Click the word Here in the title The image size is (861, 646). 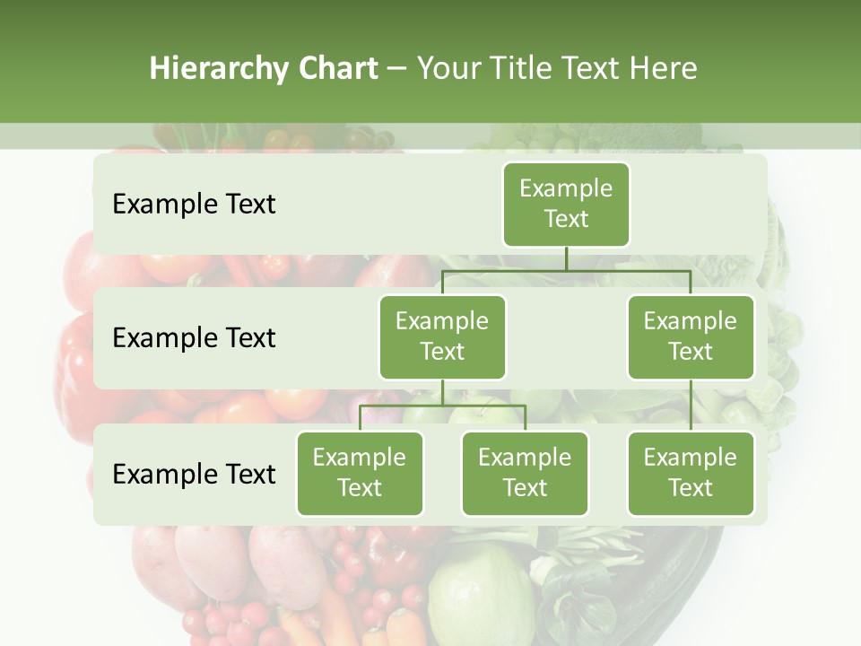(663, 69)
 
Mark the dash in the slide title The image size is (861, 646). (397, 70)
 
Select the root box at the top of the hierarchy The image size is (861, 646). (566, 204)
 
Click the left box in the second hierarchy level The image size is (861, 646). (442, 336)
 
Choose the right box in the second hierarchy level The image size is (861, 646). (691, 336)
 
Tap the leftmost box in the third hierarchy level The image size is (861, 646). (360, 473)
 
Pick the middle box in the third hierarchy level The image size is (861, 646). (525, 473)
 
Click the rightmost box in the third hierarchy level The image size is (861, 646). (691, 473)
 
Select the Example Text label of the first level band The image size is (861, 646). (194, 204)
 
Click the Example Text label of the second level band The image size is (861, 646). (194, 337)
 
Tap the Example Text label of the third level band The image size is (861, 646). (194, 474)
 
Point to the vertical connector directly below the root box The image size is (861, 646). (566, 258)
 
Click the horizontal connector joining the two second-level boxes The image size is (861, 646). (566, 271)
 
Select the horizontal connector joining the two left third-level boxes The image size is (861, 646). (442, 406)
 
